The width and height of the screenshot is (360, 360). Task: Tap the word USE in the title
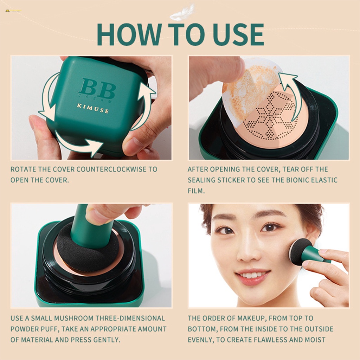pos(234,34)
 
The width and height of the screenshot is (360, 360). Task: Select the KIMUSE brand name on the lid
pos(93,110)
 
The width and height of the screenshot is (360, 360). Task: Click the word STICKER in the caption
pos(226,180)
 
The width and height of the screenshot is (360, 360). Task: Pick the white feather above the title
pos(182,13)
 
